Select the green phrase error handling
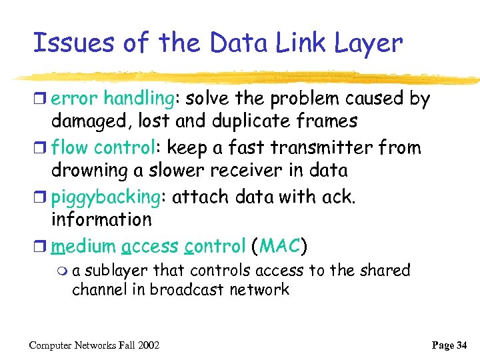pos(113,99)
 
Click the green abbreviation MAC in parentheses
pos(279,246)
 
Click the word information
pos(101,219)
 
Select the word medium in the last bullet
pos(83,246)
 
